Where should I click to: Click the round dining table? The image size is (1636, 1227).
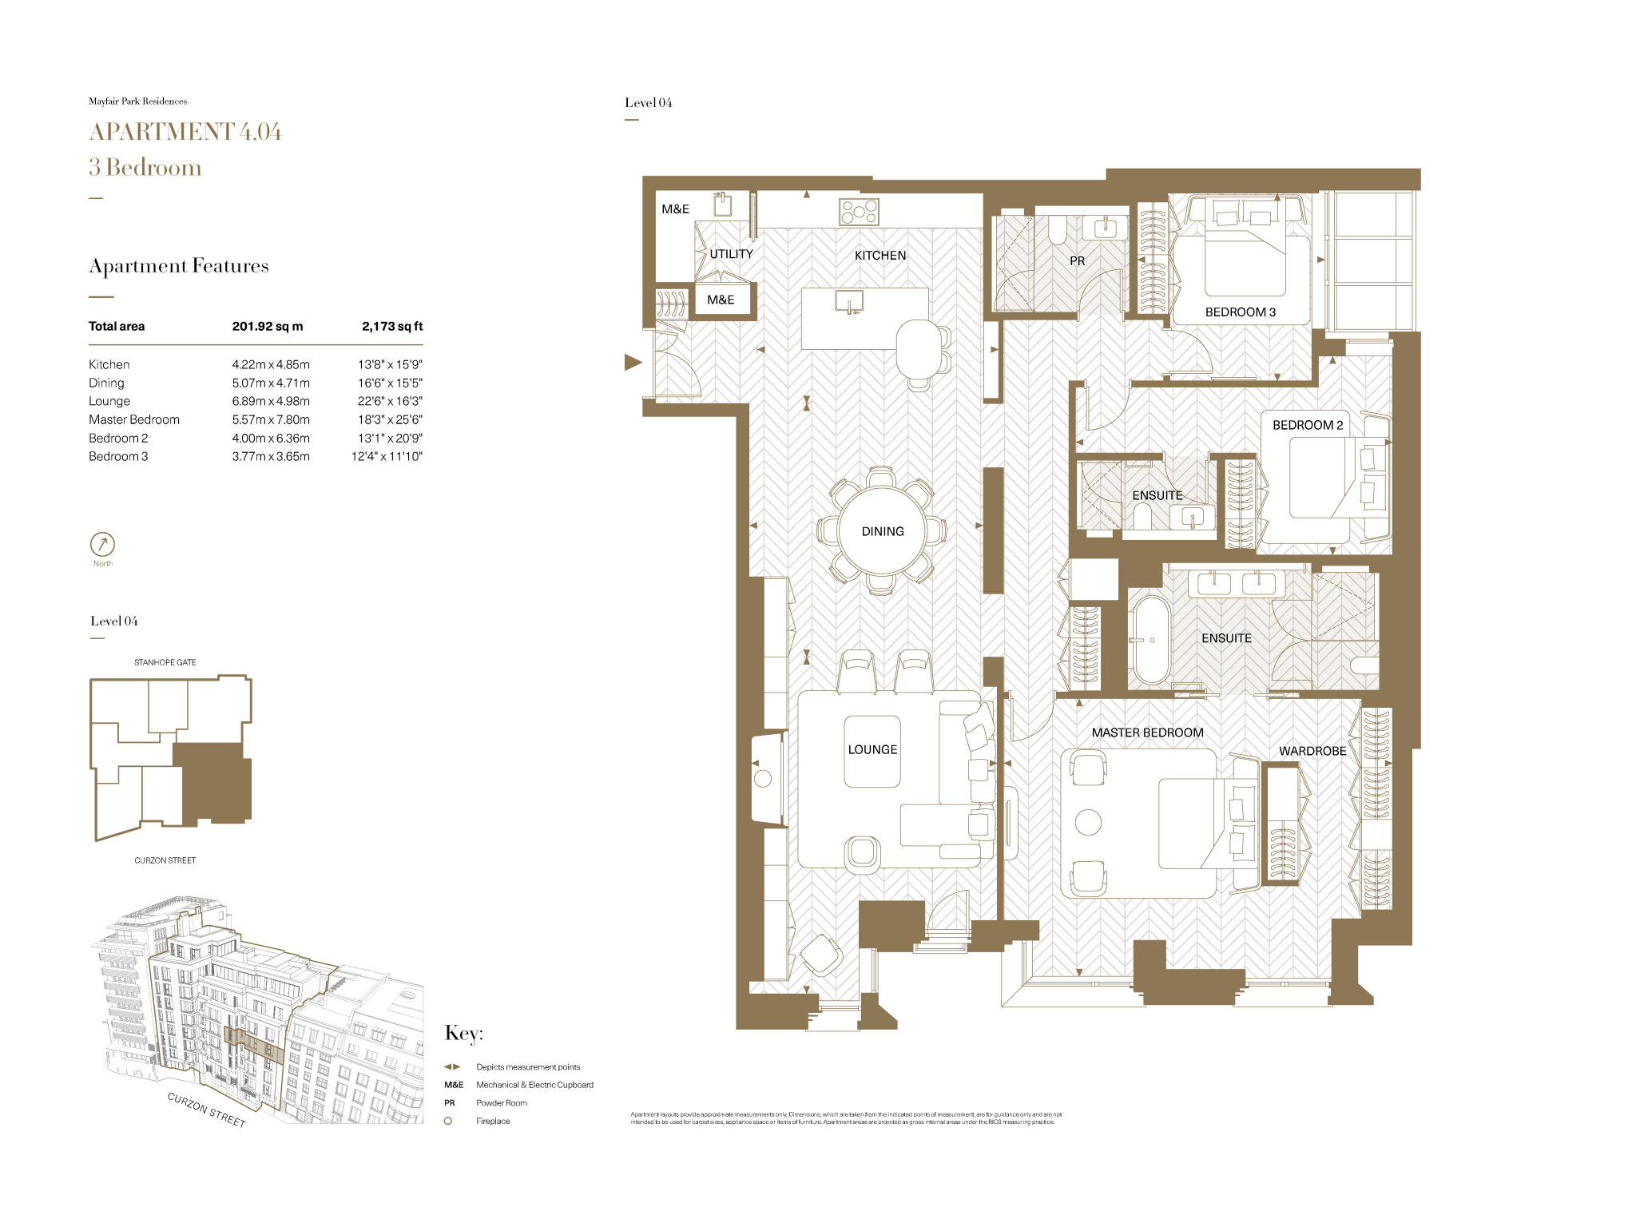click(x=882, y=531)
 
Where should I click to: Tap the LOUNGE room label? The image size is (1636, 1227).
click(x=872, y=749)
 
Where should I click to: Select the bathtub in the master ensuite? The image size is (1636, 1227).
click(x=1151, y=640)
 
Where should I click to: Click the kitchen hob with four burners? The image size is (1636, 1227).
click(x=859, y=212)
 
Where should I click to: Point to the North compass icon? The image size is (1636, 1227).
click(x=102, y=545)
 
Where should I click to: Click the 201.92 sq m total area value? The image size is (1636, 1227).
click(x=268, y=326)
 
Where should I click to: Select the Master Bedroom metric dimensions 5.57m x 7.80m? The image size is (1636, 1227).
click(x=271, y=419)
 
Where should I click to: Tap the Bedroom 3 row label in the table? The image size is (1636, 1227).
click(x=118, y=456)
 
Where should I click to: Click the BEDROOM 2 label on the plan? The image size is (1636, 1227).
click(x=1307, y=425)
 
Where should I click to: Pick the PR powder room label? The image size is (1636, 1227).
click(x=1077, y=261)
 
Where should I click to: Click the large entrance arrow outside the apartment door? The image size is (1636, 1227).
click(x=633, y=363)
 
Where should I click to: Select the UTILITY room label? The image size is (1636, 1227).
click(x=731, y=254)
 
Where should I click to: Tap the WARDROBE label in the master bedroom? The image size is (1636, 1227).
click(x=1312, y=751)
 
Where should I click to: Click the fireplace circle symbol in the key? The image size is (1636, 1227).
click(x=448, y=1121)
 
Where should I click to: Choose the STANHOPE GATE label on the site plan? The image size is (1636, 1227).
click(x=165, y=662)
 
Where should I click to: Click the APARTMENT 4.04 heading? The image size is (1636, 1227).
click(x=185, y=132)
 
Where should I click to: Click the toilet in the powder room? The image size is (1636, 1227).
click(x=1057, y=230)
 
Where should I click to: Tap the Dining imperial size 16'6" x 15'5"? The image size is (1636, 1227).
click(x=390, y=383)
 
